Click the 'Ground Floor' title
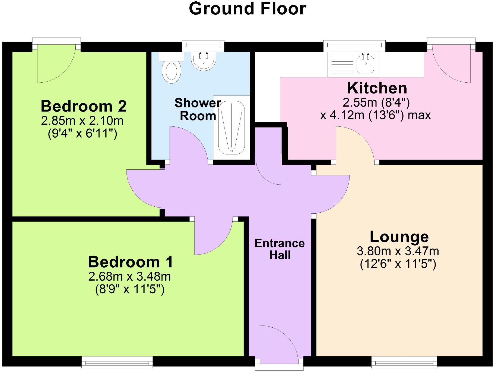pos(247,9)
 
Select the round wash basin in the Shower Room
pos(204,61)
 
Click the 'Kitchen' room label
pos(377,88)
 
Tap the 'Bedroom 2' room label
pos(84,106)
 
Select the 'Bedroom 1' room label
pos(131,262)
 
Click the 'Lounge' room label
pos(399,237)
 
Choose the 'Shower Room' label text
pos(198,109)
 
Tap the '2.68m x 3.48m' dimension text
pos(129,277)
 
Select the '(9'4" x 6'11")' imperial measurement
pos(82,134)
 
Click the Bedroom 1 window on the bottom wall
pos(117,362)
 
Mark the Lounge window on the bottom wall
pos(404,362)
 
